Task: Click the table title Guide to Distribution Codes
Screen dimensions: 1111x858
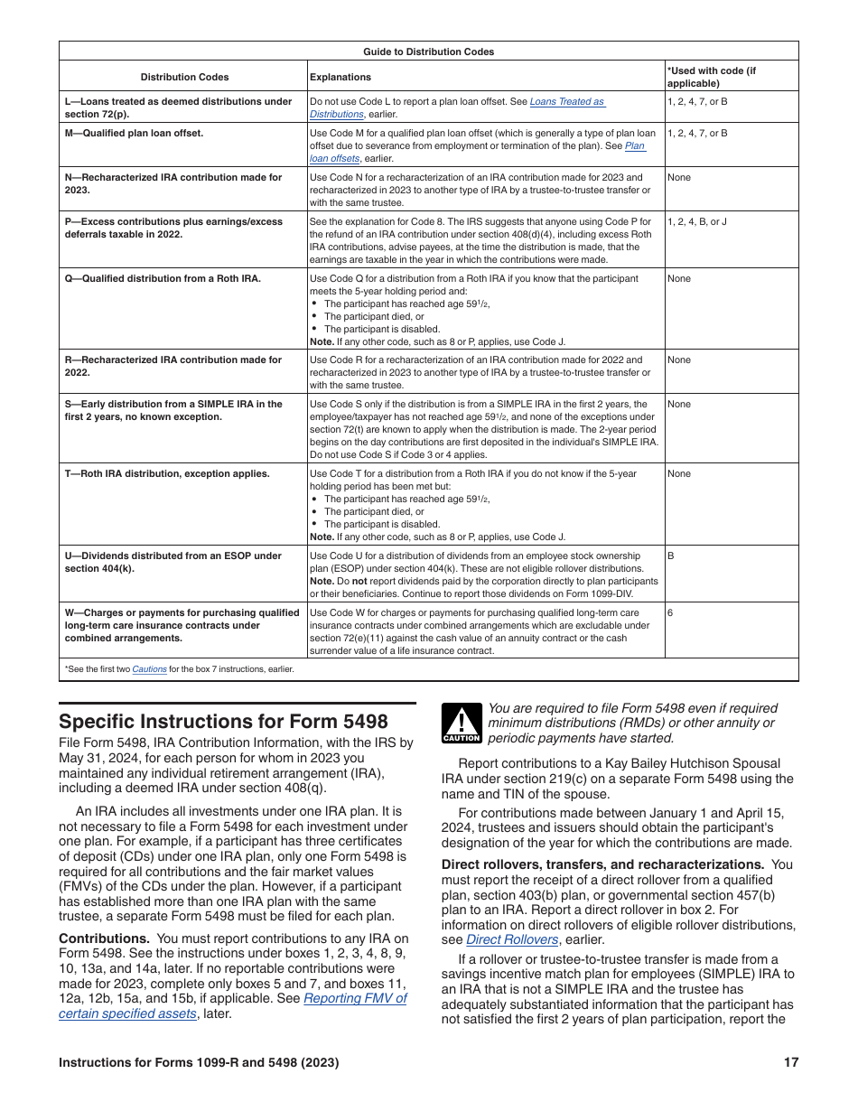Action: point(428,51)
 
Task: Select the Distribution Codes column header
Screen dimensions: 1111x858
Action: point(184,77)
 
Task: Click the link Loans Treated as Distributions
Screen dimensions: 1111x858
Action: point(566,102)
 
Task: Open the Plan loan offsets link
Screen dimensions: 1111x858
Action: point(634,145)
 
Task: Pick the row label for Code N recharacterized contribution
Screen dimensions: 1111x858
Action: point(173,183)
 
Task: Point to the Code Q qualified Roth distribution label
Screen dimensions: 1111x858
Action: point(163,278)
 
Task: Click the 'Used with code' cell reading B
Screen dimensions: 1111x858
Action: point(671,556)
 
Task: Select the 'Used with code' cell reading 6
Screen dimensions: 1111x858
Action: point(671,612)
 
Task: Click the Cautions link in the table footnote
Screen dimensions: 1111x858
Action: point(149,669)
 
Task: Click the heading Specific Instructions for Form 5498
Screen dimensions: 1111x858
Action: point(223,721)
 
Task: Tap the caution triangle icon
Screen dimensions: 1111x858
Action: point(461,724)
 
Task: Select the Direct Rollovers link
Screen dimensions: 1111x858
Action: point(511,939)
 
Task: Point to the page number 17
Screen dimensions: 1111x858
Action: point(791,1063)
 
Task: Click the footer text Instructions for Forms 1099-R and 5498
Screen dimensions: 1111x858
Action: point(199,1063)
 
